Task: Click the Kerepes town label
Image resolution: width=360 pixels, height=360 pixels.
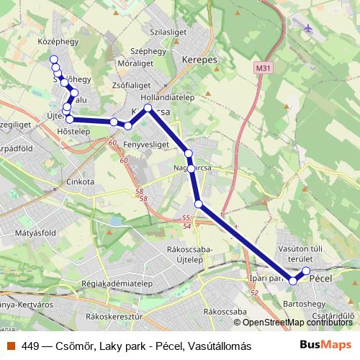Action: pos(200,60)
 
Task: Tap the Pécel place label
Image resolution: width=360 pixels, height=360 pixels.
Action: pos(319,278)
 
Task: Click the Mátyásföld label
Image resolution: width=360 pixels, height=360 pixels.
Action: pos(40,233)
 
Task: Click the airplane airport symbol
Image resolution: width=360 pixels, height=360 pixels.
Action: pos(310,29)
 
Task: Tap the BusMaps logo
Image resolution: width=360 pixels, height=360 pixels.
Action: pos(330,346)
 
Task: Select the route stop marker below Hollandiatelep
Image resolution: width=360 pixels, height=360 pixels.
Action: pos(148,109)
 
